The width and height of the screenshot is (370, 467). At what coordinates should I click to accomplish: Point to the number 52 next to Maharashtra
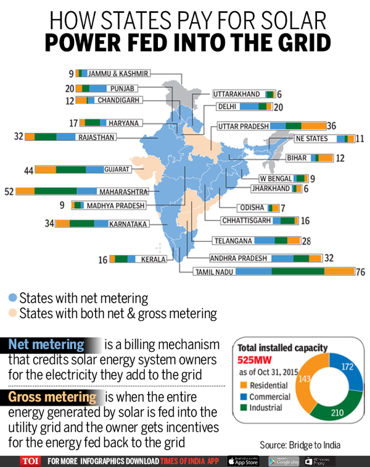click(9, 191)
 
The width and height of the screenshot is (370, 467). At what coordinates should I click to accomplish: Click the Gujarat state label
click(117, 169)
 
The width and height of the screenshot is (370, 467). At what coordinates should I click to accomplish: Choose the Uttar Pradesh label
click(243, 126)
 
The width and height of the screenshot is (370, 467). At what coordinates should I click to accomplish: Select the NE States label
click(312, 139)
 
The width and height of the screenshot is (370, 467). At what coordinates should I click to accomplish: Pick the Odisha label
click(252, 208)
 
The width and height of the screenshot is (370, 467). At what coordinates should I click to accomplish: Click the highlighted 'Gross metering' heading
click(52, 397)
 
